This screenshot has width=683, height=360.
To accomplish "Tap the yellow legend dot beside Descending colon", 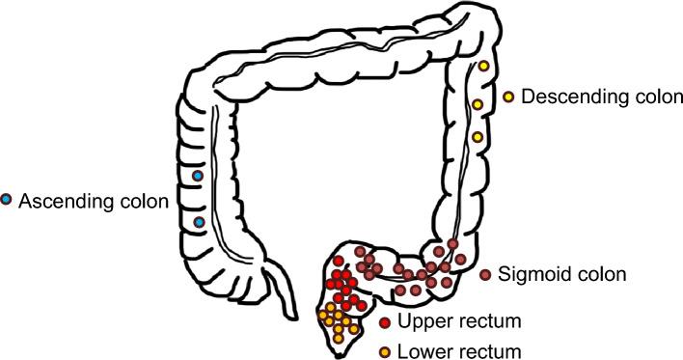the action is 509,97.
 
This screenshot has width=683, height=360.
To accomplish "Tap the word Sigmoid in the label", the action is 532,275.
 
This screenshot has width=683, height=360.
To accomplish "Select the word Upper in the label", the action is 421,322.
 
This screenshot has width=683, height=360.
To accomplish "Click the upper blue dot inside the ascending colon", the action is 198,176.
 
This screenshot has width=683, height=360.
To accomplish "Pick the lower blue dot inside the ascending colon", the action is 199,222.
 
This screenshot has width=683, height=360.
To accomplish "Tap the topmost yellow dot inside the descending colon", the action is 484,67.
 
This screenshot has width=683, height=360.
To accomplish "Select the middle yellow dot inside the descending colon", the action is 477,103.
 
